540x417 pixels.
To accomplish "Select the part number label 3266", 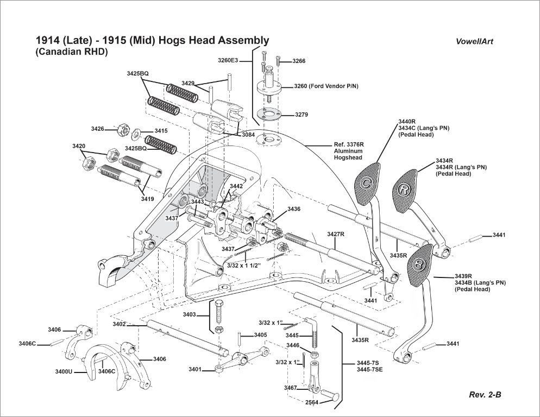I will tap(299, 61).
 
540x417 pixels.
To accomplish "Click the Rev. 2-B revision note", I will tap(485, 395).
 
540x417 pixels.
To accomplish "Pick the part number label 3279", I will tap(302, 115).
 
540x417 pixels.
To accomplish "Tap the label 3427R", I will tap(336, 234).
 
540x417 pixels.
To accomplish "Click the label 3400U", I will tap(65, 372).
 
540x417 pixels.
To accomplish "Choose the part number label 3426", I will tap(98, 129).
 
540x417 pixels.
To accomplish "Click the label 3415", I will tap(161, 131).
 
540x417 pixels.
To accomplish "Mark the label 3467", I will tap(290, 388).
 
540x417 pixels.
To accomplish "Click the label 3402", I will tap(120, 324).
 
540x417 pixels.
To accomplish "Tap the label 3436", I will tap(294, 209).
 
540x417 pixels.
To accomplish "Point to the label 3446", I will tap(293, 345).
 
